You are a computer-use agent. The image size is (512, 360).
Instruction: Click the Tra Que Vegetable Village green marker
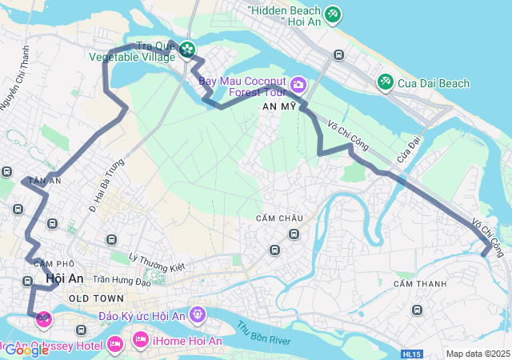point(187,50)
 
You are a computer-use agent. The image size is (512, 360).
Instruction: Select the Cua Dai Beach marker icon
point(385,82)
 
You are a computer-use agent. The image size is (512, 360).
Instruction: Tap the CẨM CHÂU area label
point(279,218)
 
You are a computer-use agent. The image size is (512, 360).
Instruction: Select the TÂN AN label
point(45,182)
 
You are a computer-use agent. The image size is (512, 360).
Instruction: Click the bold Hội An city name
point(65,278)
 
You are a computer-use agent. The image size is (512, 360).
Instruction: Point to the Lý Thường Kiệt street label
point(157,262)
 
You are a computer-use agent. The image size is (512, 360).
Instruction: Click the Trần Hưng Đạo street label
point(122,279)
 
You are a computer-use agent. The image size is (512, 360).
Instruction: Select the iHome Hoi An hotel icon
point(141,341)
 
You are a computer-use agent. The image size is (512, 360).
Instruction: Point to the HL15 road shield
point(411,354)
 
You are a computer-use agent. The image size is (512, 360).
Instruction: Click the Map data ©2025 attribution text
point(478,354)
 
